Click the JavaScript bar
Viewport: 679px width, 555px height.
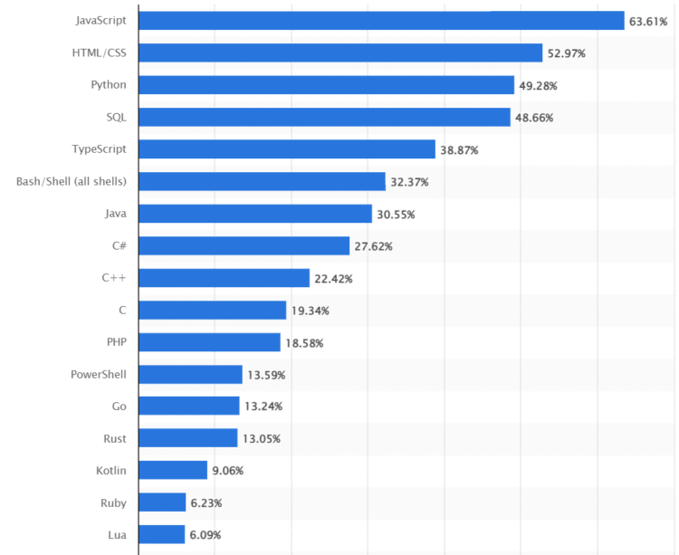(381, 21)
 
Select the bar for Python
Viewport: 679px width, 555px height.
(326, 85)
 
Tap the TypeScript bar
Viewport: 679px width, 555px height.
(287, 149)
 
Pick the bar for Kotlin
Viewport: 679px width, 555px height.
(173, 470)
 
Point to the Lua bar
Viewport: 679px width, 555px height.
(162, 534)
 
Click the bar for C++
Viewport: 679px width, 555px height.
(225, 278)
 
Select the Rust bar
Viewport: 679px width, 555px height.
(188, 438)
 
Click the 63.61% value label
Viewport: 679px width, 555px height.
(649, 21)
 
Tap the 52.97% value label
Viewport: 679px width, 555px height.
(567, 53)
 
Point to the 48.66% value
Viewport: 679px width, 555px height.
(534, 118)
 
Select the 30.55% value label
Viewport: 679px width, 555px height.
(396, 214)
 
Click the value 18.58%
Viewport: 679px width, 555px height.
(304, 342)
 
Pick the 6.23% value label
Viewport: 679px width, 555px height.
(207, 502)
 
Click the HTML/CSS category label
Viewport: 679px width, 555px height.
(99, 53)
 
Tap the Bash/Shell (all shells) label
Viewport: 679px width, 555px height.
(72, 181)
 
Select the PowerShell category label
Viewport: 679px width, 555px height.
(99, 374)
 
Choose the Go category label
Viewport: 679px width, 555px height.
(119, 406)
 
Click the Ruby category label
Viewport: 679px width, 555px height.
(113, 502)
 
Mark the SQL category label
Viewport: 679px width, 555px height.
(116, 117)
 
